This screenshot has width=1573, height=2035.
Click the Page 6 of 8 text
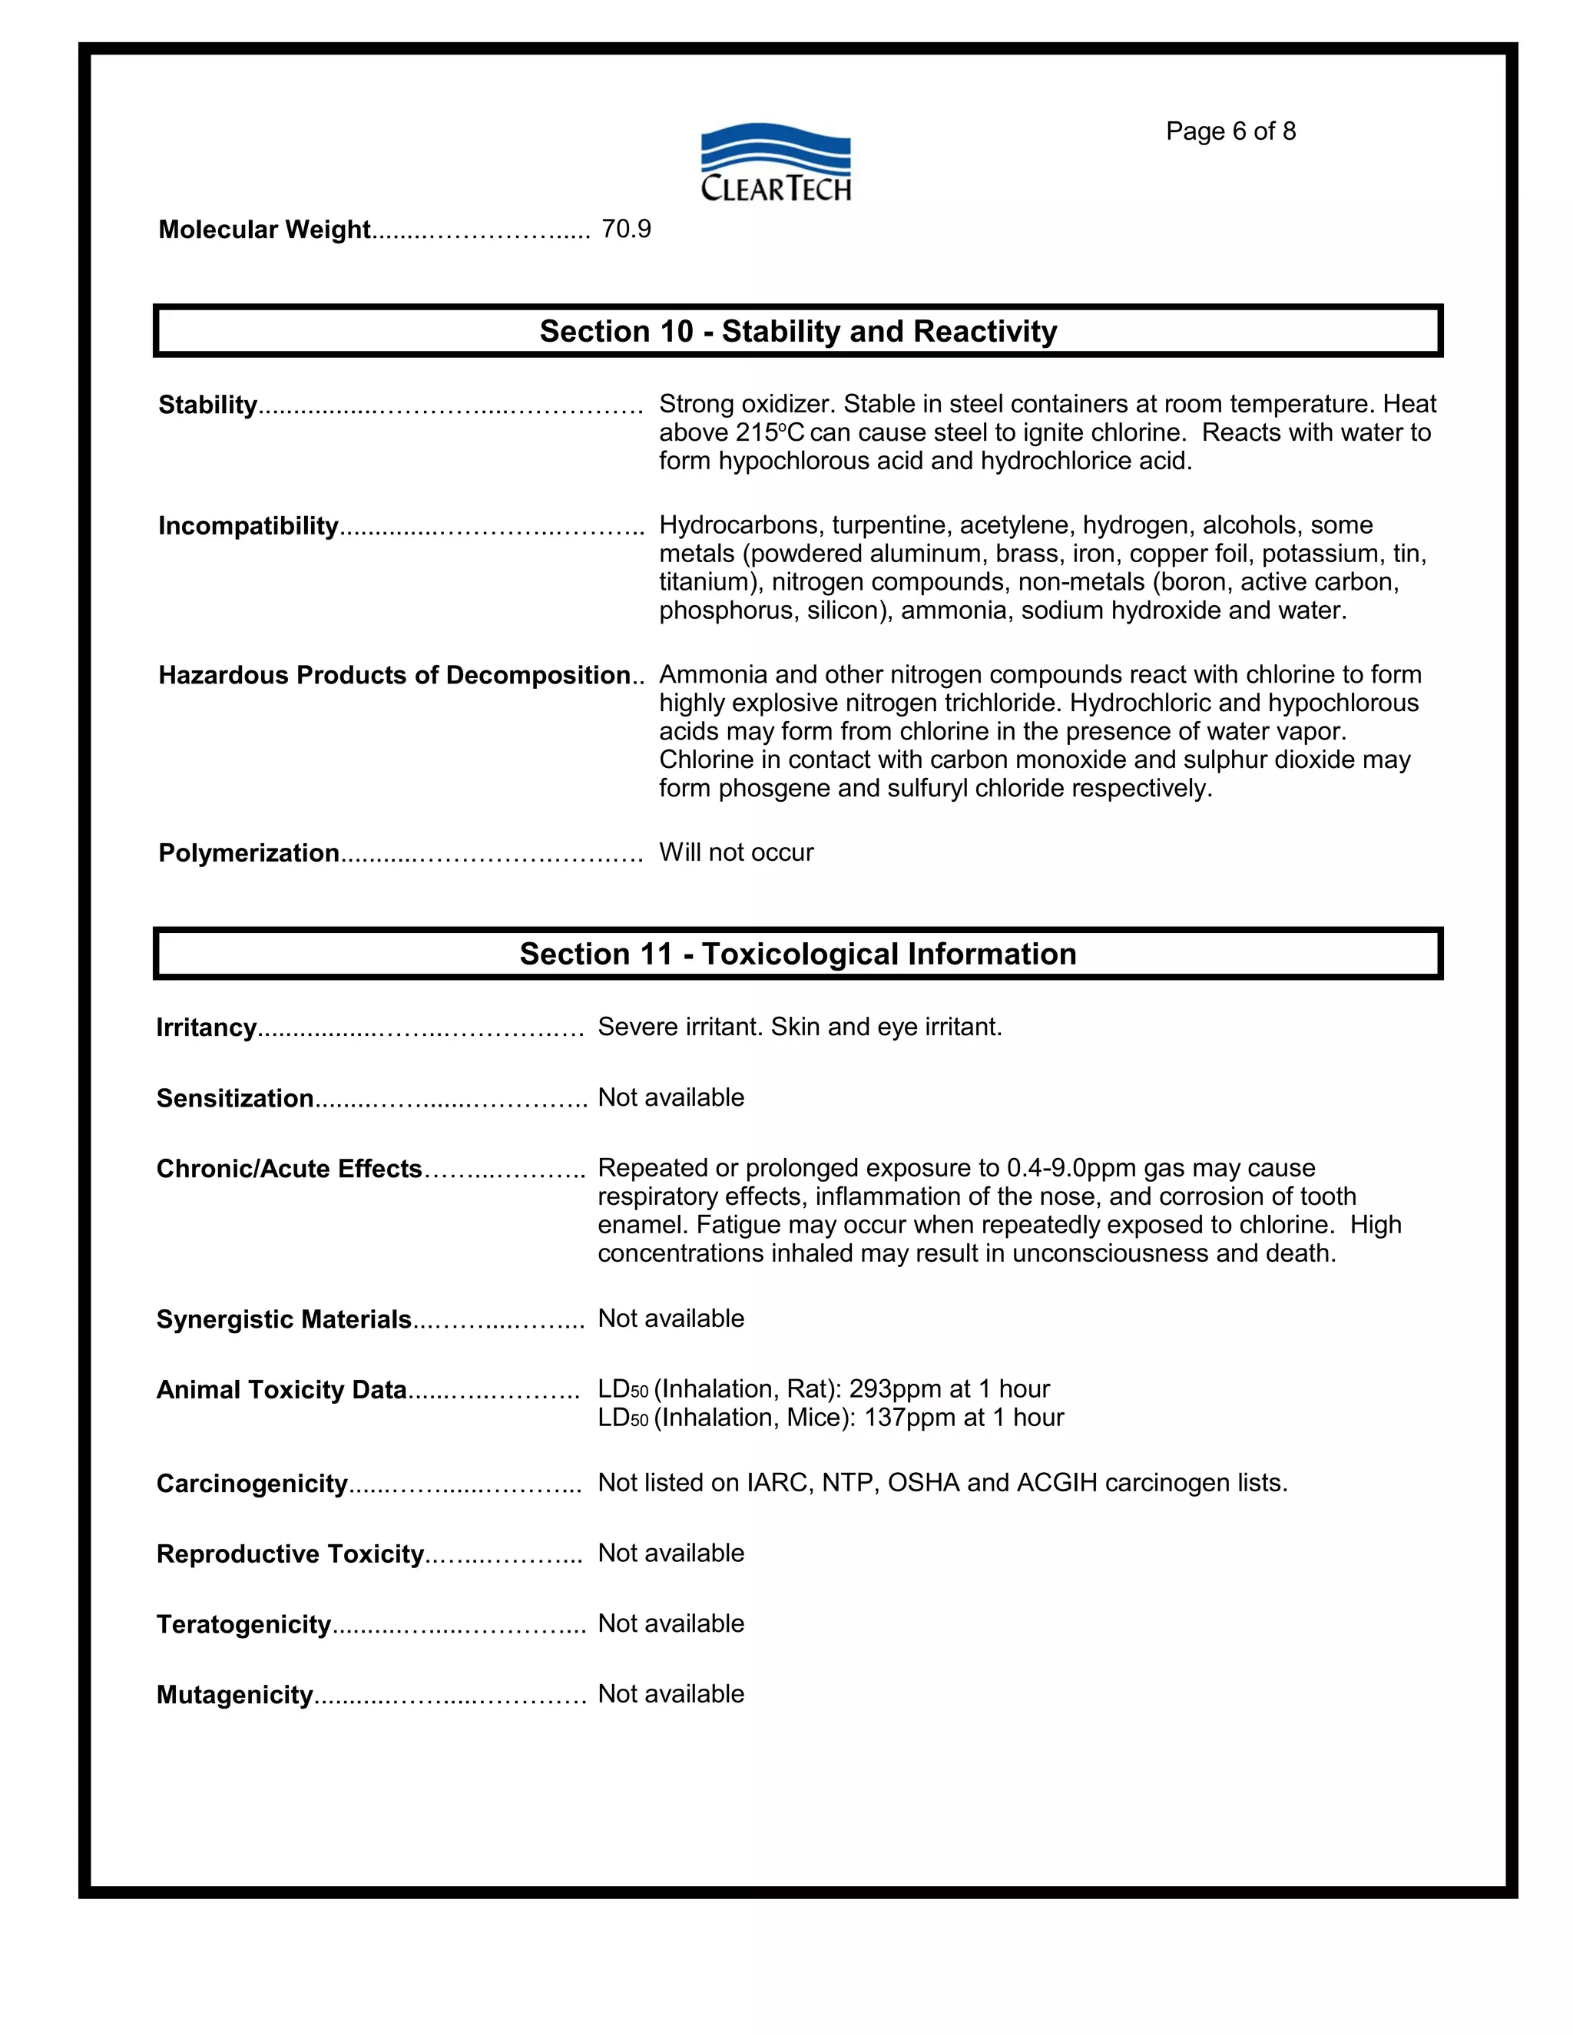coord(1230,131)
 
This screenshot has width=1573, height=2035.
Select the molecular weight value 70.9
coord(626,229)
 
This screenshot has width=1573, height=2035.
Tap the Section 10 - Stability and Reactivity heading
coord(798,332)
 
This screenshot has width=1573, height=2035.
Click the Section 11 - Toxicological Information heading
coord(798,954)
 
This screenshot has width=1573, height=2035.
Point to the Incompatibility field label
coord(248,527)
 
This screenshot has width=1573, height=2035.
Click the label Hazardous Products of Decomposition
coord(394,676)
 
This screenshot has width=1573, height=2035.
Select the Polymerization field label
coord(249,853)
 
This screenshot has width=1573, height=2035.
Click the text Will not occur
coord(736,852)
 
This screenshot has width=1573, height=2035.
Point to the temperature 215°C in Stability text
coord(770,433)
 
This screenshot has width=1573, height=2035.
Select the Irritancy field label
coord(206,1027)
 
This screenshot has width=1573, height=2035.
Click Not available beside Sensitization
coord(671,1097)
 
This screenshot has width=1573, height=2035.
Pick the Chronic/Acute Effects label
coord(289,1170)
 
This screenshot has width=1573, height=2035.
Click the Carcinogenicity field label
coord(252,1484)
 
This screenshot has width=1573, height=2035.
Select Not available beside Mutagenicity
coord(671,1694)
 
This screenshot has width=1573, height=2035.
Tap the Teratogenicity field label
coord(243,1625)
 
